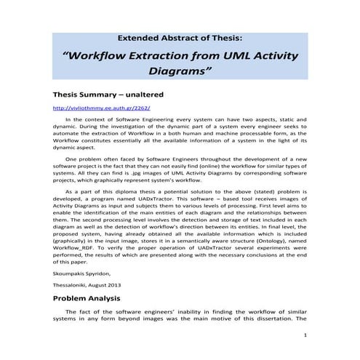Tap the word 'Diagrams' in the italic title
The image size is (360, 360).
[x=177, y=72]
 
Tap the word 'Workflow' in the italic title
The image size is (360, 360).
[x=92, y=55]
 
